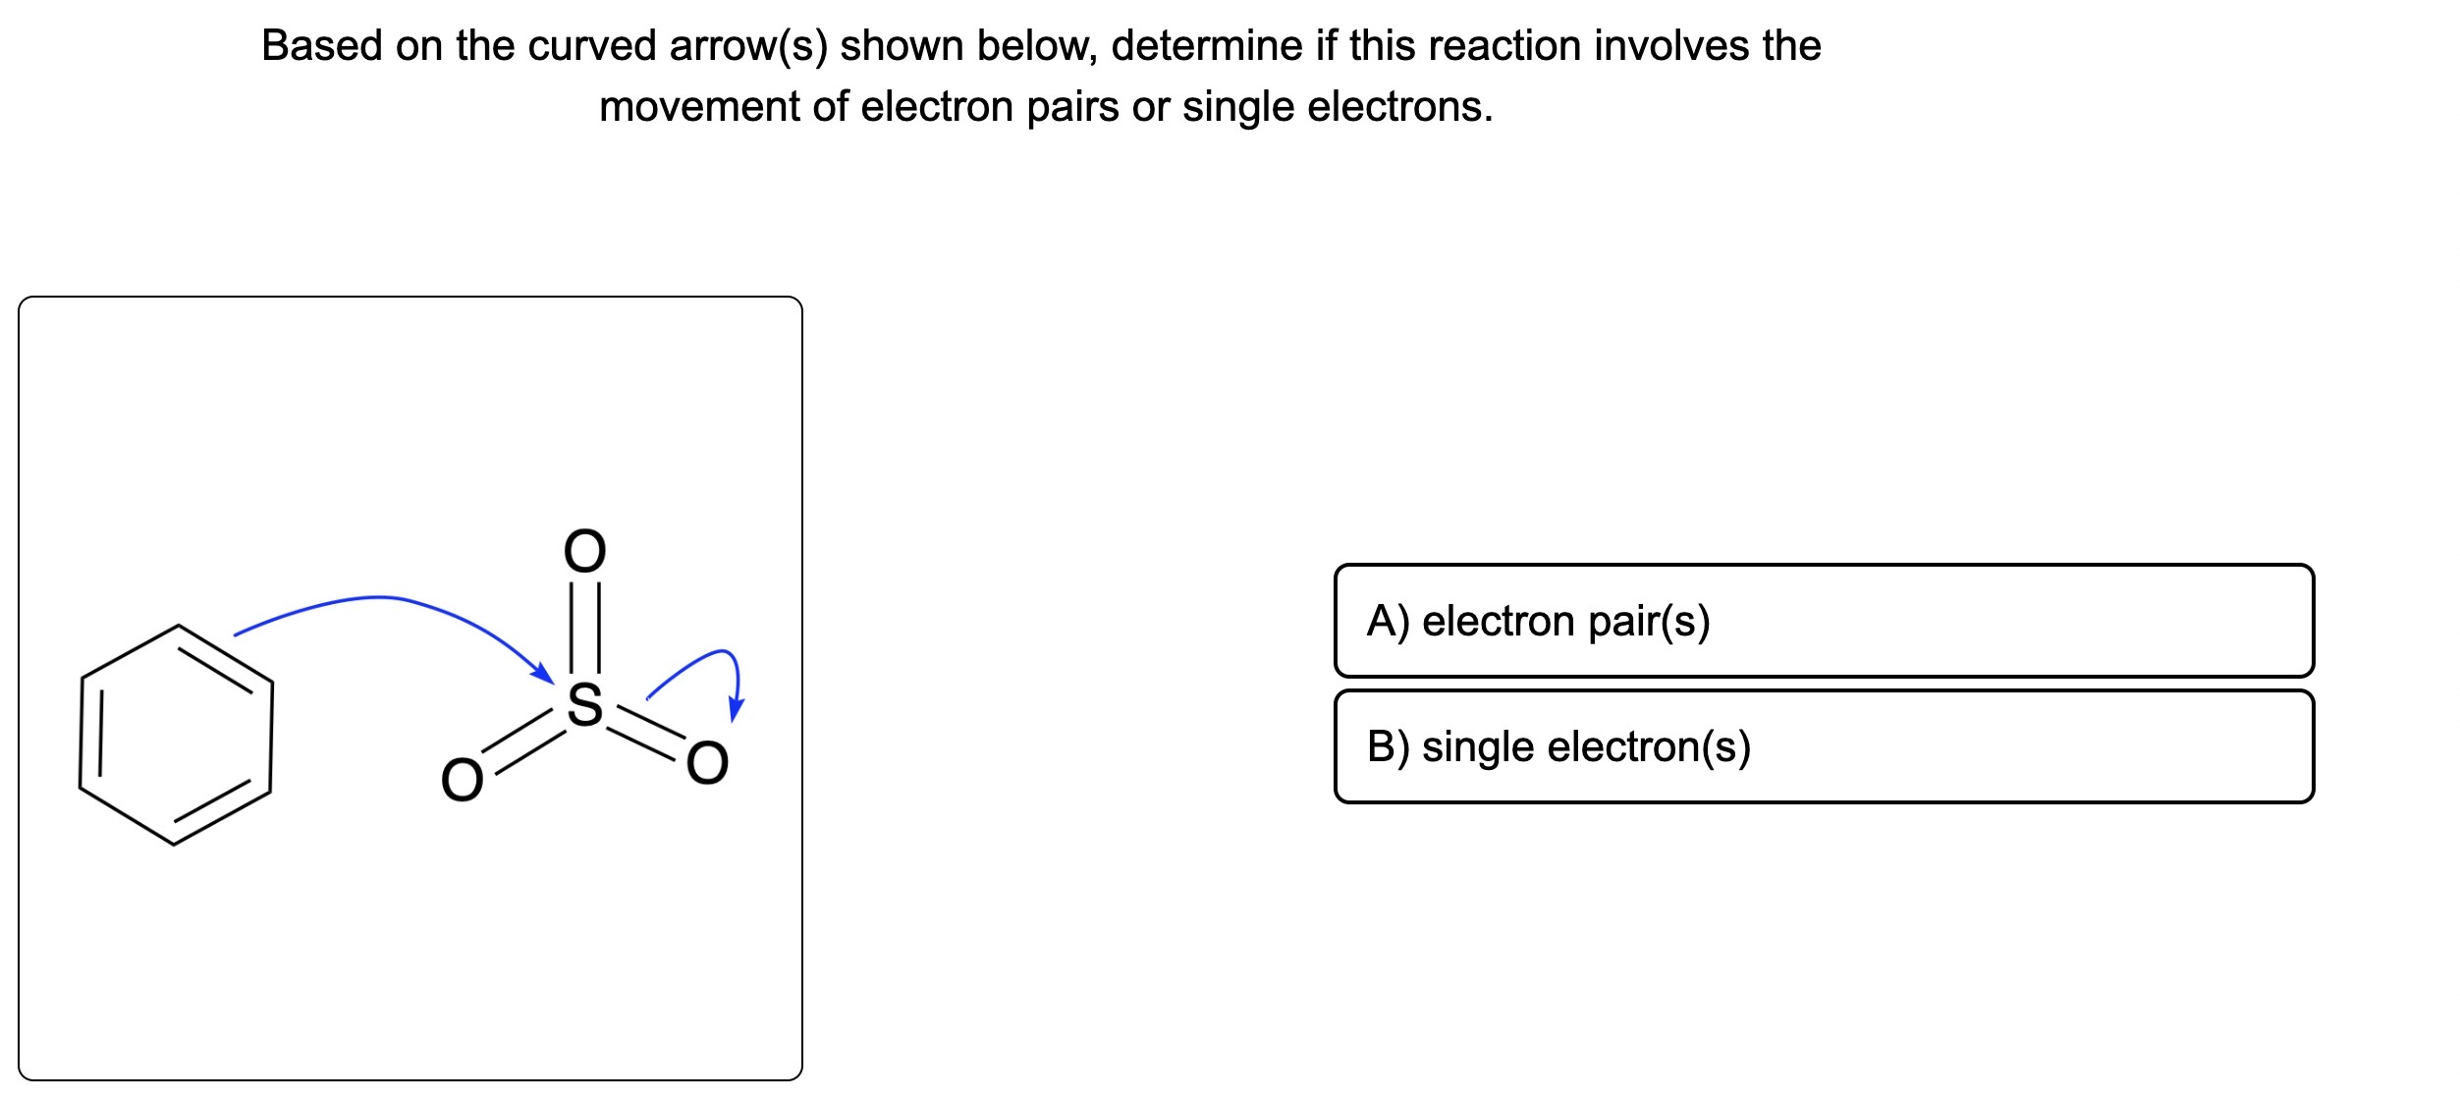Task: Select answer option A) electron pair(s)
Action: [x=1823, y=621]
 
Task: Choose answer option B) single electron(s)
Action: [x=1823, y=746]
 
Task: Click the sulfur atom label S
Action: [x=585, y=704]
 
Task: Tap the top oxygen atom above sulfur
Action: [x=585, y=551]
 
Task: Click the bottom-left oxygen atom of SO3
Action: [x=462, y=781]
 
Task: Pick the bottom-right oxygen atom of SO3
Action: [x=707, y=763]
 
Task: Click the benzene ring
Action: [x=176, y=734]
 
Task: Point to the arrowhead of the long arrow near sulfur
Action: [x=544, y=675]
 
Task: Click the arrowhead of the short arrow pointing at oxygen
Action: [x=736, y=710]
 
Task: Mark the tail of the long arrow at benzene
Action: [x=238, y=634]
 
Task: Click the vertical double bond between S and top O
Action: [x=585, y=629]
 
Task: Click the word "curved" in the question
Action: [x=599, y=46]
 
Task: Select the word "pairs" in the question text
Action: [x=1072, y=107]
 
